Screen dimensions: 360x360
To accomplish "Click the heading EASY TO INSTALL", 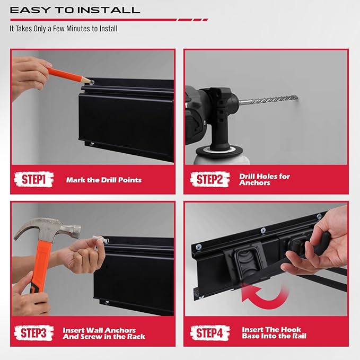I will [x=75, y=10].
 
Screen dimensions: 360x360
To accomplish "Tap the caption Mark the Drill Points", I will [x=104, y=180].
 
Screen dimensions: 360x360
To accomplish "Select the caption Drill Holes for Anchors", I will [x=265, y=179].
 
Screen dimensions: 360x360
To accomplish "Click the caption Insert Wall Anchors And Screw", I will [x=104, y=333].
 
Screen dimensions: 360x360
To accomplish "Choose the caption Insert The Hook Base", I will [x=274, y=333].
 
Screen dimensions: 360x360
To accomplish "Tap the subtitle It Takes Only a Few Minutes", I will [x=64, y=29].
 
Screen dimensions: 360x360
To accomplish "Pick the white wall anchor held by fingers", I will [x=99, y=242].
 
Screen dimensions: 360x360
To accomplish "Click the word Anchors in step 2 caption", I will [x=255, y=183].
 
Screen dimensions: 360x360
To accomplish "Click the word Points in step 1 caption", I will [x=130, y=180].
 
